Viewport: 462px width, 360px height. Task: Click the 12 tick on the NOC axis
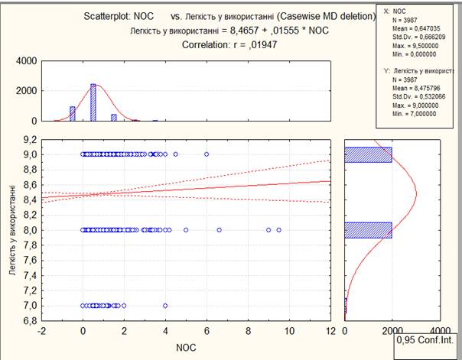click(x=330, y=331)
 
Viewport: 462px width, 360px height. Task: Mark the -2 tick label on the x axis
click(x=39, y=331)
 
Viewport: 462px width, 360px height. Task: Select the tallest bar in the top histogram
click(x=93, y=102)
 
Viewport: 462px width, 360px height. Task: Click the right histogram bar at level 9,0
click(x=368, y=154)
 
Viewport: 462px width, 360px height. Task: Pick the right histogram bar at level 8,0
click(x=368, y=230)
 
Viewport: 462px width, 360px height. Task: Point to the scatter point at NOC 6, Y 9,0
click(x=206, y=154)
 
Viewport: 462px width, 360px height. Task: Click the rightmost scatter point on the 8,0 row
click(x=278, y=230)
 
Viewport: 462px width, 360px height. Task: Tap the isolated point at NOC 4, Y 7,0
click(x=164, y=306)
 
